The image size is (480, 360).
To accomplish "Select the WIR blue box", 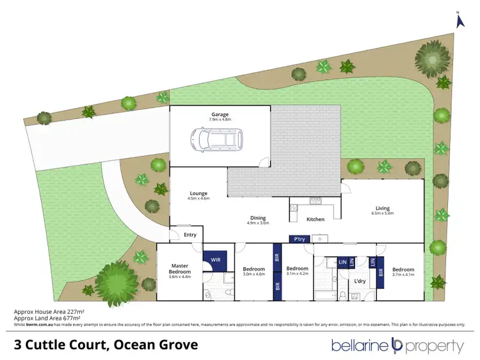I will [216, 260].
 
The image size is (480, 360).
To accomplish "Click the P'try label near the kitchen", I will [299, 239].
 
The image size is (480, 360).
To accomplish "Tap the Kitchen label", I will [316, 219].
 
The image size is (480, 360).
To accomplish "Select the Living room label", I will [383, 208].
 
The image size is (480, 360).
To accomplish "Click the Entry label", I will [190, 235].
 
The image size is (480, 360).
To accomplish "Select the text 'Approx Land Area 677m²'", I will [47, 318].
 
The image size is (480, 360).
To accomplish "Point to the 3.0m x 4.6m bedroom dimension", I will [254, 274].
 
